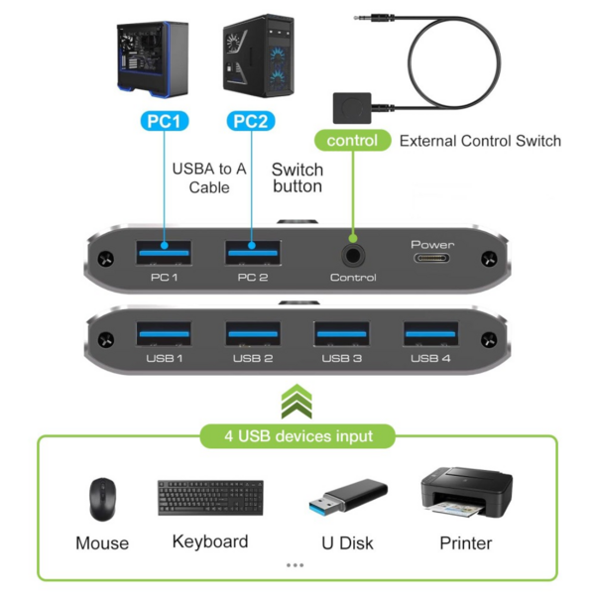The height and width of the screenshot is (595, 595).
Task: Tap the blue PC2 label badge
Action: [250, 121]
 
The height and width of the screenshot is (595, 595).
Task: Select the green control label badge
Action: [352, 141]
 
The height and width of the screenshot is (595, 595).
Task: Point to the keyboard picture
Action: [210, 497]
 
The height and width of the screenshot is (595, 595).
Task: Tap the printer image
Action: [464, 495]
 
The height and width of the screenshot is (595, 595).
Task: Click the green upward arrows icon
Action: [297, 403]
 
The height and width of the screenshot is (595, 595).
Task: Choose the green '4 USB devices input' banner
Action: [297, 435]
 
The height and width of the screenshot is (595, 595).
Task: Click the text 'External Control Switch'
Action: [480, 141]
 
